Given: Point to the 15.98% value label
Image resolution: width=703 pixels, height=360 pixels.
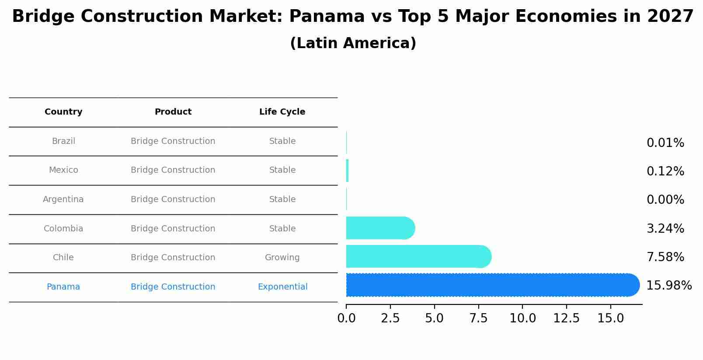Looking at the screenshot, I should [668, 286].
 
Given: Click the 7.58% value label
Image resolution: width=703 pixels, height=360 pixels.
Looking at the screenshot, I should [665, 257].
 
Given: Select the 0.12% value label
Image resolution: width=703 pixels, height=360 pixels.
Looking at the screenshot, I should [665, 171].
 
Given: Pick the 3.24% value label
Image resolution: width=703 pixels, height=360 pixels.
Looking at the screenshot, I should [665, 229].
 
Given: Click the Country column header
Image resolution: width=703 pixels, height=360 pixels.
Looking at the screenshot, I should [63, 112].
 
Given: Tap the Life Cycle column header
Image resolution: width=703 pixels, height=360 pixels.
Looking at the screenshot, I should [282, 112].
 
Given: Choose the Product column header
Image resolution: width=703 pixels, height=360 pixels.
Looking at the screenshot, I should [173, 112].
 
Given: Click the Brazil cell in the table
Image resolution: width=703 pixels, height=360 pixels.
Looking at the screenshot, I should [63, 141].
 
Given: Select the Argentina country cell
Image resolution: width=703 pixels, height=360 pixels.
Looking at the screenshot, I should [63, 199].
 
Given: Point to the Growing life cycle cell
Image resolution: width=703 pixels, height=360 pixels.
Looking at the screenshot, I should [282, 258].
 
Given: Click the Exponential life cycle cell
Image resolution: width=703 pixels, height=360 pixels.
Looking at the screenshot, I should [282, 287].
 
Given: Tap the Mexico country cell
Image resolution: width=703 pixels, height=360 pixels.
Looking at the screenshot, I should [63, 170].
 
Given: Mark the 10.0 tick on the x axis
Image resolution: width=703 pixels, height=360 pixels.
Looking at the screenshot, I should [522, 318].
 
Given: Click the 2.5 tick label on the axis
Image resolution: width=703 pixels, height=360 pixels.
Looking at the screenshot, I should [390, 318].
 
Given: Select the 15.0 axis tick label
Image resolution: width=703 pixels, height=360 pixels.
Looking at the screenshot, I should [610, 318].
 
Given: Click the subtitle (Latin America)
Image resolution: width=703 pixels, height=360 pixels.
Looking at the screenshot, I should [353, 43].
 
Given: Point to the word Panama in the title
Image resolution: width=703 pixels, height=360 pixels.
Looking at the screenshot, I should [327, 17].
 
